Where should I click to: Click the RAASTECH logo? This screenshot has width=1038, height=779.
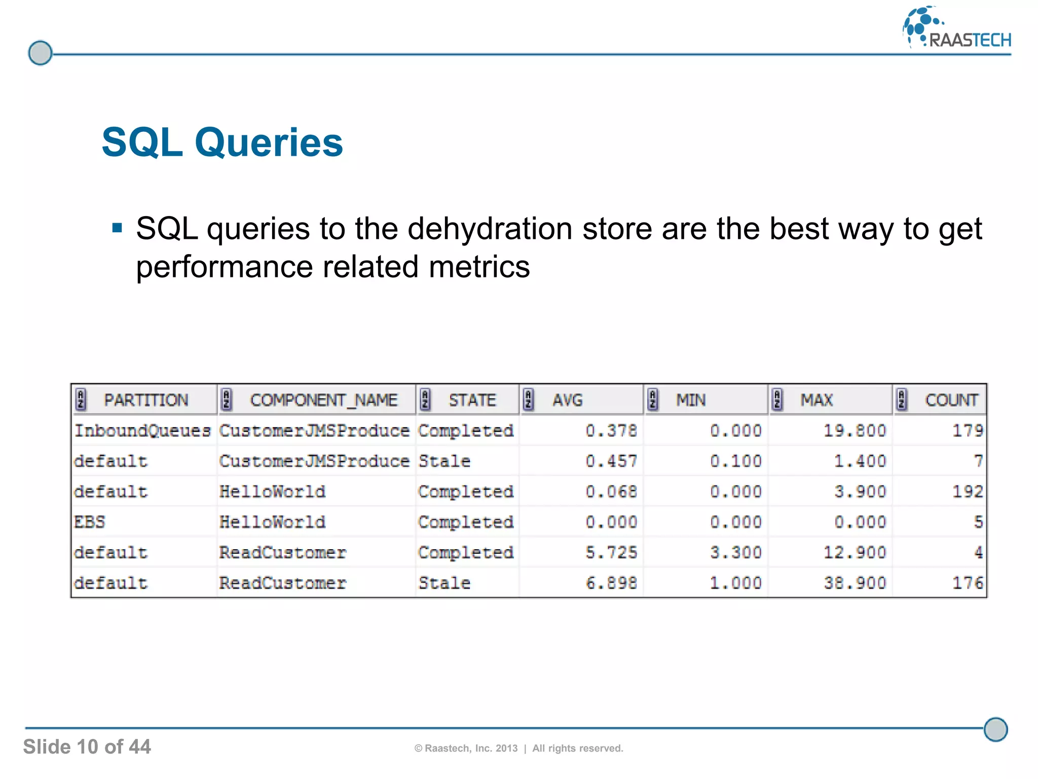(957, 28)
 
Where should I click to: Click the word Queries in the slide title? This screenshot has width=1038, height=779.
(269, 143)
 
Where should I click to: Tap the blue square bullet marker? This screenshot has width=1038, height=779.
(117, 228)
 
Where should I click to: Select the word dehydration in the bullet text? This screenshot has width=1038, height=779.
(490, 229)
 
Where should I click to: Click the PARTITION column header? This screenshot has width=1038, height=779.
(146, 400)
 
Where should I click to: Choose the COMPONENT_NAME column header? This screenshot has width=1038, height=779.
(323, 400)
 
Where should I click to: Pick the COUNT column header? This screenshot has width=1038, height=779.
(951, 400)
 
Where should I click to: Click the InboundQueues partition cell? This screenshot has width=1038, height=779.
(142, 431)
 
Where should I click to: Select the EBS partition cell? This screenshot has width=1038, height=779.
(90, 522)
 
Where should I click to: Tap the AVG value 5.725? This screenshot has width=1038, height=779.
(611, 552)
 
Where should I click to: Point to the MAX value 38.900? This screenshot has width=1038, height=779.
(855, 583)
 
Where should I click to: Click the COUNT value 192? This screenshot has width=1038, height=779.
(967, 491)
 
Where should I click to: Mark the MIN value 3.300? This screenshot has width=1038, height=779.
(735, 552)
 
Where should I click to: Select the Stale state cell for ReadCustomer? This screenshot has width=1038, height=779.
(444, 583)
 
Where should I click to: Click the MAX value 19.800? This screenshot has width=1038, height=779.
(855, 431)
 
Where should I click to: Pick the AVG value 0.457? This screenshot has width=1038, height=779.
(611, 461)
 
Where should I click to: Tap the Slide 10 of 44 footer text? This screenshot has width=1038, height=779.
(87, 747)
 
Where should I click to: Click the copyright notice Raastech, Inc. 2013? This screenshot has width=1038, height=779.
(471, 748)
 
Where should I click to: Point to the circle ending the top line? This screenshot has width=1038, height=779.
(40, 53)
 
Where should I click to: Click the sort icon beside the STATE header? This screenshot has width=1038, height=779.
(426, 400)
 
